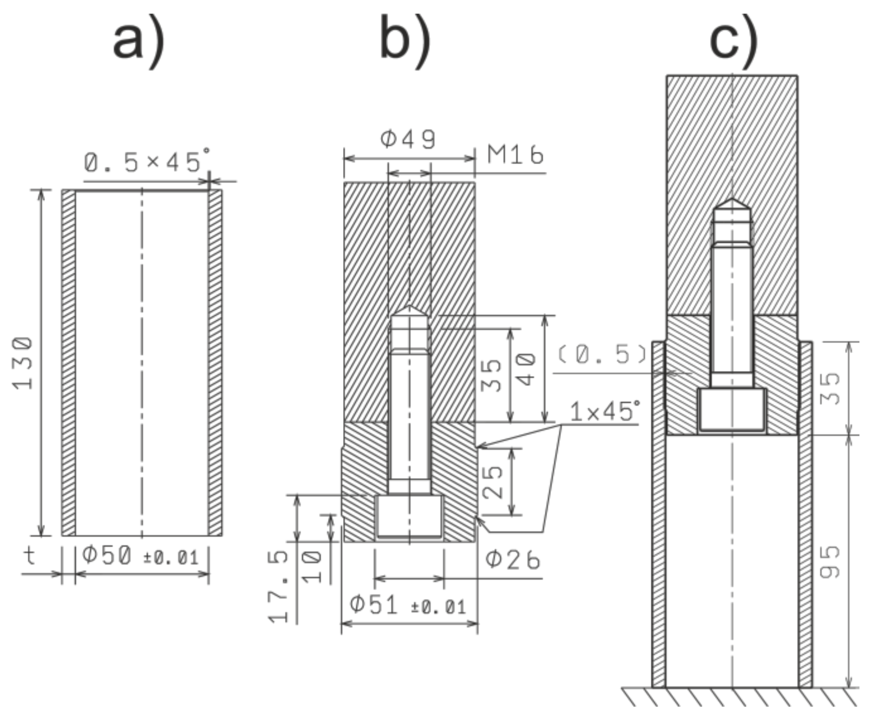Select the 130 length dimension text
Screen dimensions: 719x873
(x=23, y=363)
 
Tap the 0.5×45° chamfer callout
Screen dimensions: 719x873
(x=147, y=162)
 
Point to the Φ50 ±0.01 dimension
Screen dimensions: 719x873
(x=140, y=556)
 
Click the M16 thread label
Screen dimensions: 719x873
(x=515, y=155)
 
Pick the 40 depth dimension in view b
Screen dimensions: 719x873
(x=527, y=369)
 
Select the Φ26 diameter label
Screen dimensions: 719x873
(x=513, y=561)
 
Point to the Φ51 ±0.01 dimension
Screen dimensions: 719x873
(x=407, y=605)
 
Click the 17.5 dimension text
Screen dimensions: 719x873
(x=280, y=586)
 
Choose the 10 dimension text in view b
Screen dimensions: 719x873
(x=313, y=566)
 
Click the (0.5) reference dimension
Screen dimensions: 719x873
(x=602, y=354)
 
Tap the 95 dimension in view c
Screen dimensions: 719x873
(x=830, y=562)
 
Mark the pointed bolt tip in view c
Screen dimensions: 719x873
(x=732, y=204)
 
